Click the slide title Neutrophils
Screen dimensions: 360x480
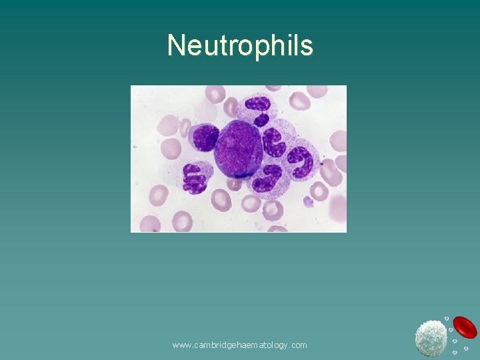click(240, 45)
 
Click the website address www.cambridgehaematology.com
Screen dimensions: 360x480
click(239, 345)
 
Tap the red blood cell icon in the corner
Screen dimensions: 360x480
click(465, 327)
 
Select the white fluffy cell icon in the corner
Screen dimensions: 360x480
click(431, 337)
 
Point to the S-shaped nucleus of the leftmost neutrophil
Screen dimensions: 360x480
click(195, 178)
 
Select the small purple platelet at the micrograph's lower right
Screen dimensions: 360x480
click(308, 201)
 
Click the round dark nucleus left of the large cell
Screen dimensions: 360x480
click(204, 137)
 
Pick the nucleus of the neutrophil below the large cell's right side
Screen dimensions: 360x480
click(267, 179)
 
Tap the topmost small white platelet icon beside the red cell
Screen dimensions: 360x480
click(447, 319)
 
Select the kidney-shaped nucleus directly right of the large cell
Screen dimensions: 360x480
click(273, 142)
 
